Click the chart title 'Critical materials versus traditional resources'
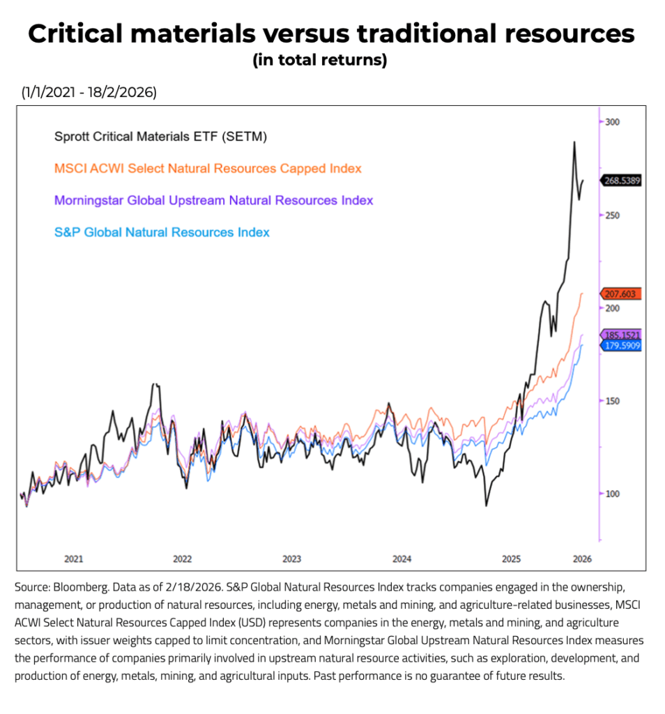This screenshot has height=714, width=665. [x=332, y=34]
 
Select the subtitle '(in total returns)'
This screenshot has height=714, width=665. [x=319, y=61]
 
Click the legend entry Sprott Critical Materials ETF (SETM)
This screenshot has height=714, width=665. [x=161, y=137]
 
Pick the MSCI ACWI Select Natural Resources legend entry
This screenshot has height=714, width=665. [x=208, y=169]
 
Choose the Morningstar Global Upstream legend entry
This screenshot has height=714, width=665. [x=213, y=201]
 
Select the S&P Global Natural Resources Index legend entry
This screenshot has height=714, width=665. [x=162, y=233]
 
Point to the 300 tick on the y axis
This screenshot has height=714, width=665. [x=612, y=122]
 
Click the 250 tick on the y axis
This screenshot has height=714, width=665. [x=612, y=215]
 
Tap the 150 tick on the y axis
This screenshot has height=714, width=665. [x=612, y=401]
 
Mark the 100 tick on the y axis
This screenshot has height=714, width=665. [x=612, y=494]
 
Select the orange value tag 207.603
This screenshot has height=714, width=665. [x=620, y=294]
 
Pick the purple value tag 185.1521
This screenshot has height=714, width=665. [x=620, y=335]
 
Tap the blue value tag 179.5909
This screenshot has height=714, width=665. [x=620, y=345]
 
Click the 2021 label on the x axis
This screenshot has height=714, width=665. [x=74, y=559]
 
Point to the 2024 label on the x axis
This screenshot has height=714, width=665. [x=402, y=559]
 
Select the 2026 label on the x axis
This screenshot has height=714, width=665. [x=582, y=559]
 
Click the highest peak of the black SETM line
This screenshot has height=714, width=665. [x=574, y=142]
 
